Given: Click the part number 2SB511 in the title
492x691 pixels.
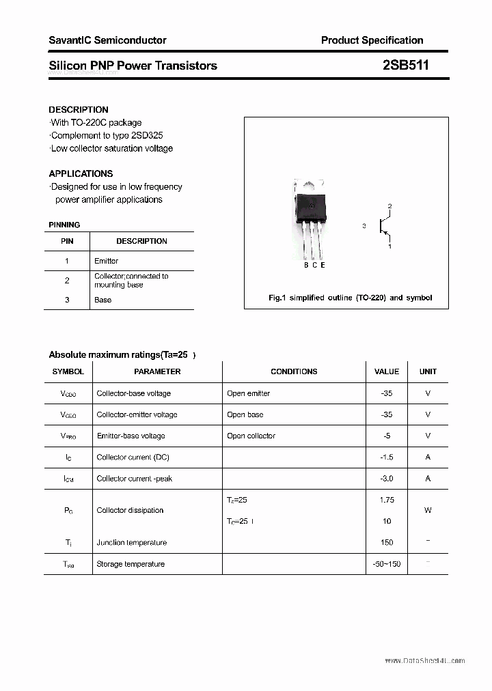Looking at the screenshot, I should point(406,66).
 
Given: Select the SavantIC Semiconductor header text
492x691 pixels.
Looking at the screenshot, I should point(107,40).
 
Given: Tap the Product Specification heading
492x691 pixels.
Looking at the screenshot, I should point(372,40).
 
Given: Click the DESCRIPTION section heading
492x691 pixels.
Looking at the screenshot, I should point(79,109).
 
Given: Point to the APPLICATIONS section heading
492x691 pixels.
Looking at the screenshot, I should point(81,173).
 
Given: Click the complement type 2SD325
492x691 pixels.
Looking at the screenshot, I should point(146,135).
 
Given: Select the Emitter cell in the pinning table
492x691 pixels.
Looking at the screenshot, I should point(106,261).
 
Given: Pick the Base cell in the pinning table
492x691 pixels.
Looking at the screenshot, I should point(102,300).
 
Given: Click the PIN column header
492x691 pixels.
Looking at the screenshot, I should point(67,241).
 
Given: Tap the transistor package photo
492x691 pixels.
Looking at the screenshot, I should point(311,218).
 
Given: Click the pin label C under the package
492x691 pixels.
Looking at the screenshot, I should point(314,266).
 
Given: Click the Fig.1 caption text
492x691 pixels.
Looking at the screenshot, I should point(349,298).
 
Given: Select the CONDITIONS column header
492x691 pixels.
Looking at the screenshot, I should point(294,371).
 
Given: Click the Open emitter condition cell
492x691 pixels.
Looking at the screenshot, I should point(248,393).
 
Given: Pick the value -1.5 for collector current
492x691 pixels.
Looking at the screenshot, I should point(387,457).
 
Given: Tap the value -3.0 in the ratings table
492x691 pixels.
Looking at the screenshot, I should point(387,479).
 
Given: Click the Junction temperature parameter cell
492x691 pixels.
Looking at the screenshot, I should point(131,543).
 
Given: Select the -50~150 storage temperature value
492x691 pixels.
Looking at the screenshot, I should point(387,564).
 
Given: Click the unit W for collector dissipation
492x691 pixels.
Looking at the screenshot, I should point(428,510).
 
